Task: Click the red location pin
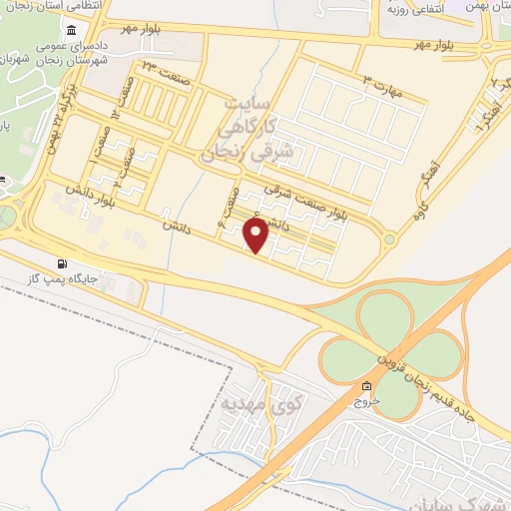pyautogui.click(x=256, y=236)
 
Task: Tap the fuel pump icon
pyautogui.click(x=65, y=265)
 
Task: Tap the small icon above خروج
pyautogui.click(x=365, y=386)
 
